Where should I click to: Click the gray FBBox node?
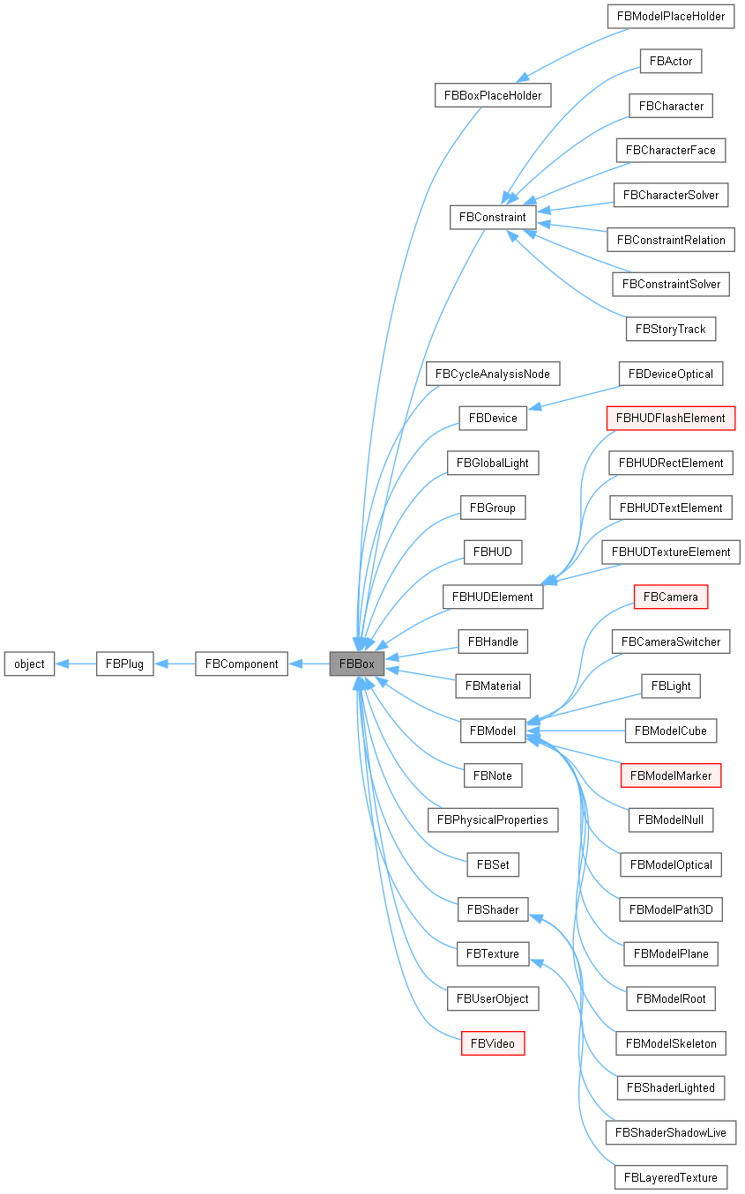(x=357, y=664)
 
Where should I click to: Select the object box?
(x=29, y=664)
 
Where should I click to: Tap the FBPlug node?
(x=125, y=664)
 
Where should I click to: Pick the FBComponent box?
(x=242, y=664)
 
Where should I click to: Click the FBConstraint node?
(x=493, y=217)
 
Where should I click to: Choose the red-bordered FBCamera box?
(x=671, y=597)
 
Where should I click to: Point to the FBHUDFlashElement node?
(x=671, y=418)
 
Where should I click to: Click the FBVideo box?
(x=493, y=1043)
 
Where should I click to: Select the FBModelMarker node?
(x=671, y=775)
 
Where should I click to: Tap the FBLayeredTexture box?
(x=671, y=1177)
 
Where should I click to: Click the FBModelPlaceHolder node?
(x=671, y=16)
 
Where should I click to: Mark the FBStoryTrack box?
(x=671, y=329)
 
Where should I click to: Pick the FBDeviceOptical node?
(x=671, y=374)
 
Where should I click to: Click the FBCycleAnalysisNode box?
(x=493, y=374)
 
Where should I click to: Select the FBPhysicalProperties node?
(x=493, y=819)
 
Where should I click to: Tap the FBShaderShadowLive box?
(x=671, y=1132)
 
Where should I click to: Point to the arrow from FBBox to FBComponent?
(x=309, y=664)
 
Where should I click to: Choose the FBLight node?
(x=671, y=686)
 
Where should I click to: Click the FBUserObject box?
(x=493, y=998)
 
